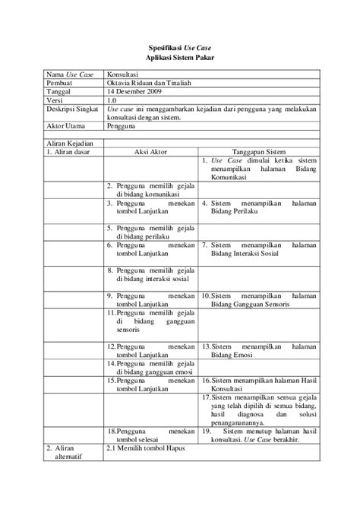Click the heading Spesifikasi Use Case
pyautogui.click(x=179, y=46)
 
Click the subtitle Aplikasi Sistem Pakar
pyautogui.click(x=179, y=58)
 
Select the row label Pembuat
pyautogui.click(x=61, y=84)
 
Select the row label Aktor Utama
pyautogui.click(x=65, y=126)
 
